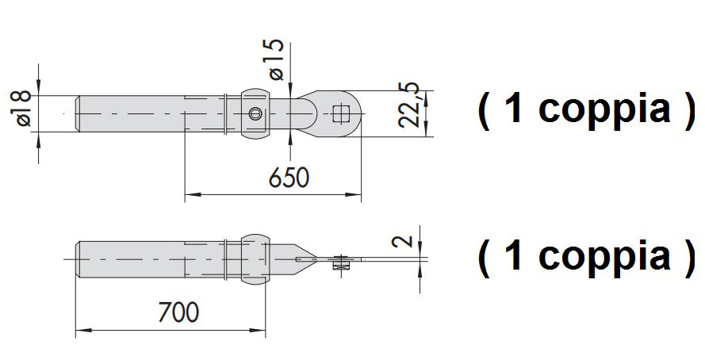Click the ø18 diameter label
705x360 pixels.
24,109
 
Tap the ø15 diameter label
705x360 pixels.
275,59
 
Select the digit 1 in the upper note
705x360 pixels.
513,109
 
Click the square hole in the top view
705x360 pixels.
342,113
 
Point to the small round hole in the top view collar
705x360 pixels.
255,114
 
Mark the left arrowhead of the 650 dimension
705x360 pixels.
190,194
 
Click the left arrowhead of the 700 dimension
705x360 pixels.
81,328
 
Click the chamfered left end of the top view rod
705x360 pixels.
79,113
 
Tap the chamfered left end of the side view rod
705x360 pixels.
79,259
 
